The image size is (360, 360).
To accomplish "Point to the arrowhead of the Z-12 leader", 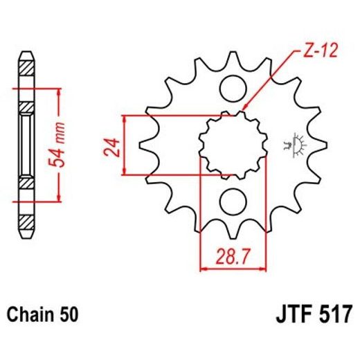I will coord(244,110).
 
